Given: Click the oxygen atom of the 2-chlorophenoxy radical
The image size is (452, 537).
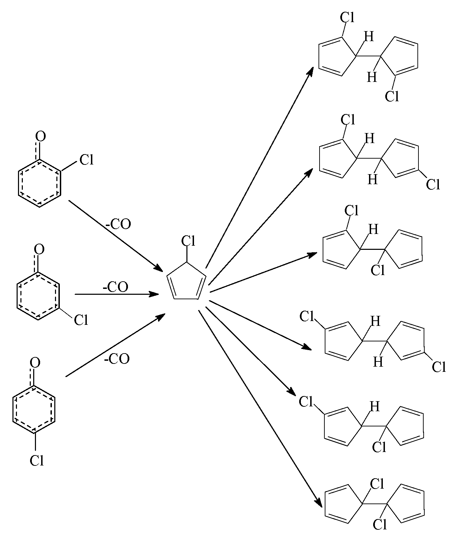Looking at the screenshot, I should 40,136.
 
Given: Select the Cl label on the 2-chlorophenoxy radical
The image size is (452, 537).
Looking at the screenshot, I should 86,160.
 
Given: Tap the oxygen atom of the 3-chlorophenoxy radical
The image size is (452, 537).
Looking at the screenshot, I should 39,249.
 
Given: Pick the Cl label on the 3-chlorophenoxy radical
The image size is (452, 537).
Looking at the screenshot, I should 81,320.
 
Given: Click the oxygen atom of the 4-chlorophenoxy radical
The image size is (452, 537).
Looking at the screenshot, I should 35,362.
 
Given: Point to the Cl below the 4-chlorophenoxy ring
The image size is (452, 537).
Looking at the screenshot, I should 37,461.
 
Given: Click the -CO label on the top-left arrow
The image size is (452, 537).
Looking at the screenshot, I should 118,224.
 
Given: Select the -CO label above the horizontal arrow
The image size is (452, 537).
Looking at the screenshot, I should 116,287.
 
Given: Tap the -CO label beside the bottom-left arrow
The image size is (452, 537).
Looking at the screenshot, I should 117,359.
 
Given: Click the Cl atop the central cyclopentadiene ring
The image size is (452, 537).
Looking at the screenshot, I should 188,241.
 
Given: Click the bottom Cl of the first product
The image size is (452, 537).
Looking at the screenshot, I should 392,96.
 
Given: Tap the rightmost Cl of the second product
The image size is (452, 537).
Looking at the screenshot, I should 433,184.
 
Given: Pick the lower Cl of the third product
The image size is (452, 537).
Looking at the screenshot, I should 378,270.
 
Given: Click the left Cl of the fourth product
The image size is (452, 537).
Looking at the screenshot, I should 306,316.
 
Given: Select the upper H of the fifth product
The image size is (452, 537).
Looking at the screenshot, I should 374,406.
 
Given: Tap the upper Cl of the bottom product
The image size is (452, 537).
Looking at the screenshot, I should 377,484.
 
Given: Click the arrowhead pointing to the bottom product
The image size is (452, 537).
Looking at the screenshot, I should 319,504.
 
